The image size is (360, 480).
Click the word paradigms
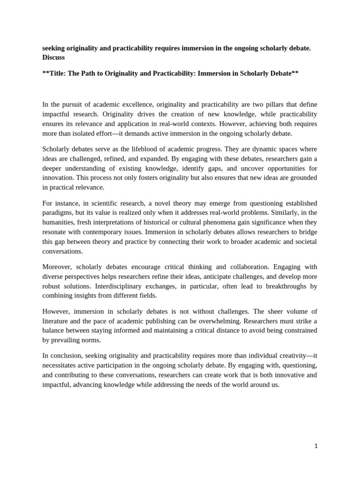[x=59, y=212]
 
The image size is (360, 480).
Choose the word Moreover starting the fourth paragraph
[x=58, y=267]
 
